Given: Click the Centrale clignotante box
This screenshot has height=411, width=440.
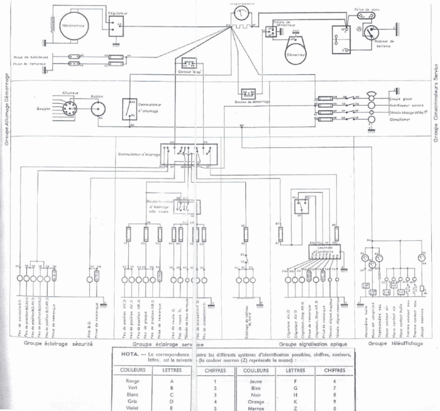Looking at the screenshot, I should [x=325, y=251].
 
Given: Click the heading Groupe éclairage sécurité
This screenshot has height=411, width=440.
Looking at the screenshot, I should [x=58, y=344].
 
